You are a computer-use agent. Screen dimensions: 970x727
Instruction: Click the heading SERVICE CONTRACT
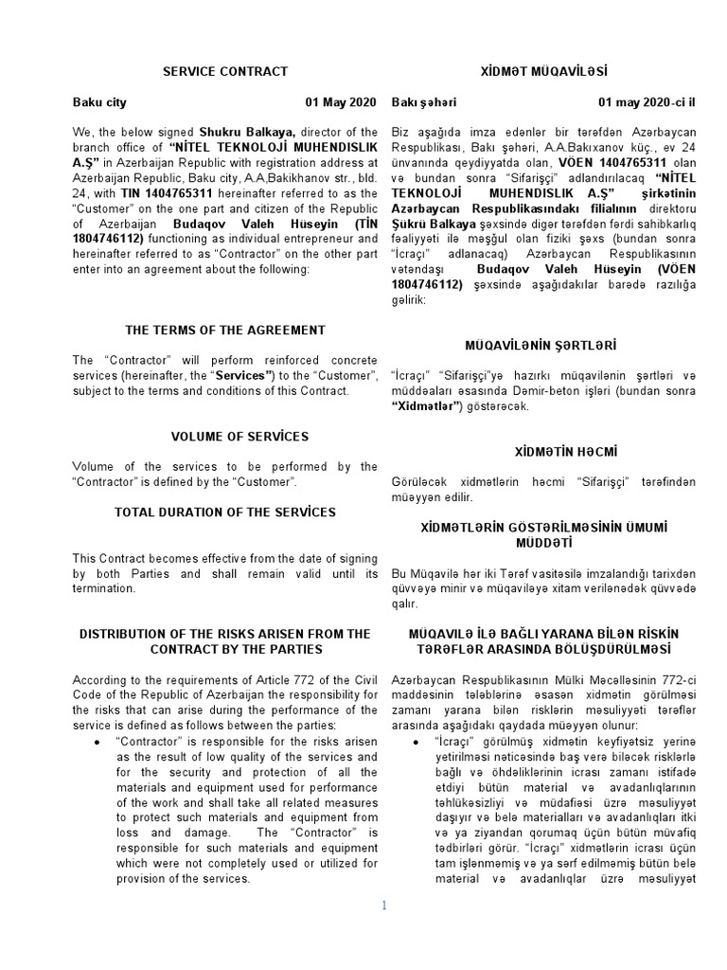[225, 71]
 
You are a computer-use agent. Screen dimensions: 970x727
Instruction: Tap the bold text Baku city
[99, 102]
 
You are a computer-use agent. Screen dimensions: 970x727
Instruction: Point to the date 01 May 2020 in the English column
[341, 102]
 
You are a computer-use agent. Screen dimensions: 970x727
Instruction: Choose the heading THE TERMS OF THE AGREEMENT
[225, 330]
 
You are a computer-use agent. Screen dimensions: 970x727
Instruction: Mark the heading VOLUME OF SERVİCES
[225, 437]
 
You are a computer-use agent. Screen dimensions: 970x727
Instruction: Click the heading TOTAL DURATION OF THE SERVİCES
[225, 512]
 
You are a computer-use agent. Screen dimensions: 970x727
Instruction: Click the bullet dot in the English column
[98, 740]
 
